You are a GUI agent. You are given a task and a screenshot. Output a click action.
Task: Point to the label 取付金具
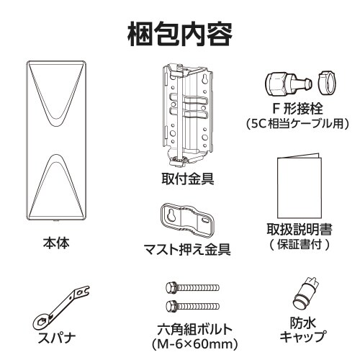point(188,177)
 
